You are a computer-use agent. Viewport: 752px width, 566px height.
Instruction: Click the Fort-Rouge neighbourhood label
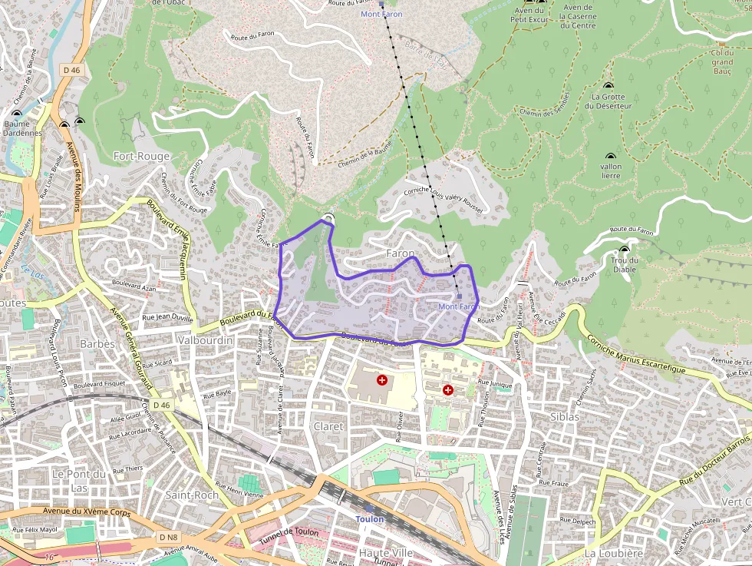(141, 156)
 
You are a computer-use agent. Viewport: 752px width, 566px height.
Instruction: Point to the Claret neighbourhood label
(328, 426)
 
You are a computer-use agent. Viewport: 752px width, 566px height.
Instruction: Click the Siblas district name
(565, 416)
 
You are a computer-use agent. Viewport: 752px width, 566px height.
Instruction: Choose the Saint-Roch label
(192, 495)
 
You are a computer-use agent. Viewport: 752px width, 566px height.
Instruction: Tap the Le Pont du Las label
(79, 480)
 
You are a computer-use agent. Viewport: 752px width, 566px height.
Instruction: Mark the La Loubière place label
(613, 553)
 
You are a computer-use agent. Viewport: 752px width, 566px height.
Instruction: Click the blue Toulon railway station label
(369, 519)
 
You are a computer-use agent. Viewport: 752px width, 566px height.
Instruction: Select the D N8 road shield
(169, 537)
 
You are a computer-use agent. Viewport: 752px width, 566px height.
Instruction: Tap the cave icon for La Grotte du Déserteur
(609, 86)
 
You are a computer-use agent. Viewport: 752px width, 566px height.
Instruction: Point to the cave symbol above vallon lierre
(611, 154)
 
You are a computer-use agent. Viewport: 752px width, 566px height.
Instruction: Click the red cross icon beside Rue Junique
(448, 390)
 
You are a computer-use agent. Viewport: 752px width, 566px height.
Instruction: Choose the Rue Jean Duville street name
(167, 316)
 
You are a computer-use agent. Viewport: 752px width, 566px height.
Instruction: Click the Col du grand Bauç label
(721, 61)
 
